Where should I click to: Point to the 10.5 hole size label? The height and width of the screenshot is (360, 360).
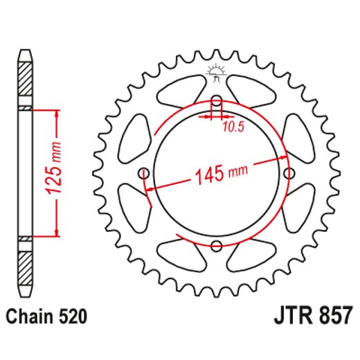[x=233, y=126]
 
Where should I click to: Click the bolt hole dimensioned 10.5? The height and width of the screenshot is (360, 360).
[x=216, y=100]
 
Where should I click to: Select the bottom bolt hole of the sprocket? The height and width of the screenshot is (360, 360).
[x=216, y=246]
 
